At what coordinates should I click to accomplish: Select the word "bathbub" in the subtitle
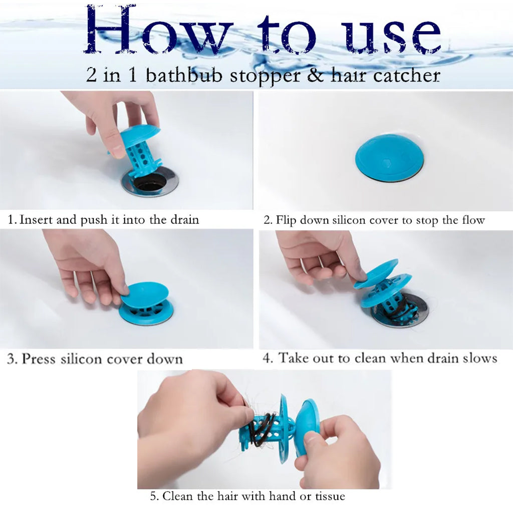click(184, 75)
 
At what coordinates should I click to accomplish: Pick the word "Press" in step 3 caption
click(38, 359)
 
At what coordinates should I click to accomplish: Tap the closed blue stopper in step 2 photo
click(389, 158)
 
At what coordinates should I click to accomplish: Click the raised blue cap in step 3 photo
click(145, 295)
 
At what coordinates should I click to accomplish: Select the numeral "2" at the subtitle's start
click(92, 75)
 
